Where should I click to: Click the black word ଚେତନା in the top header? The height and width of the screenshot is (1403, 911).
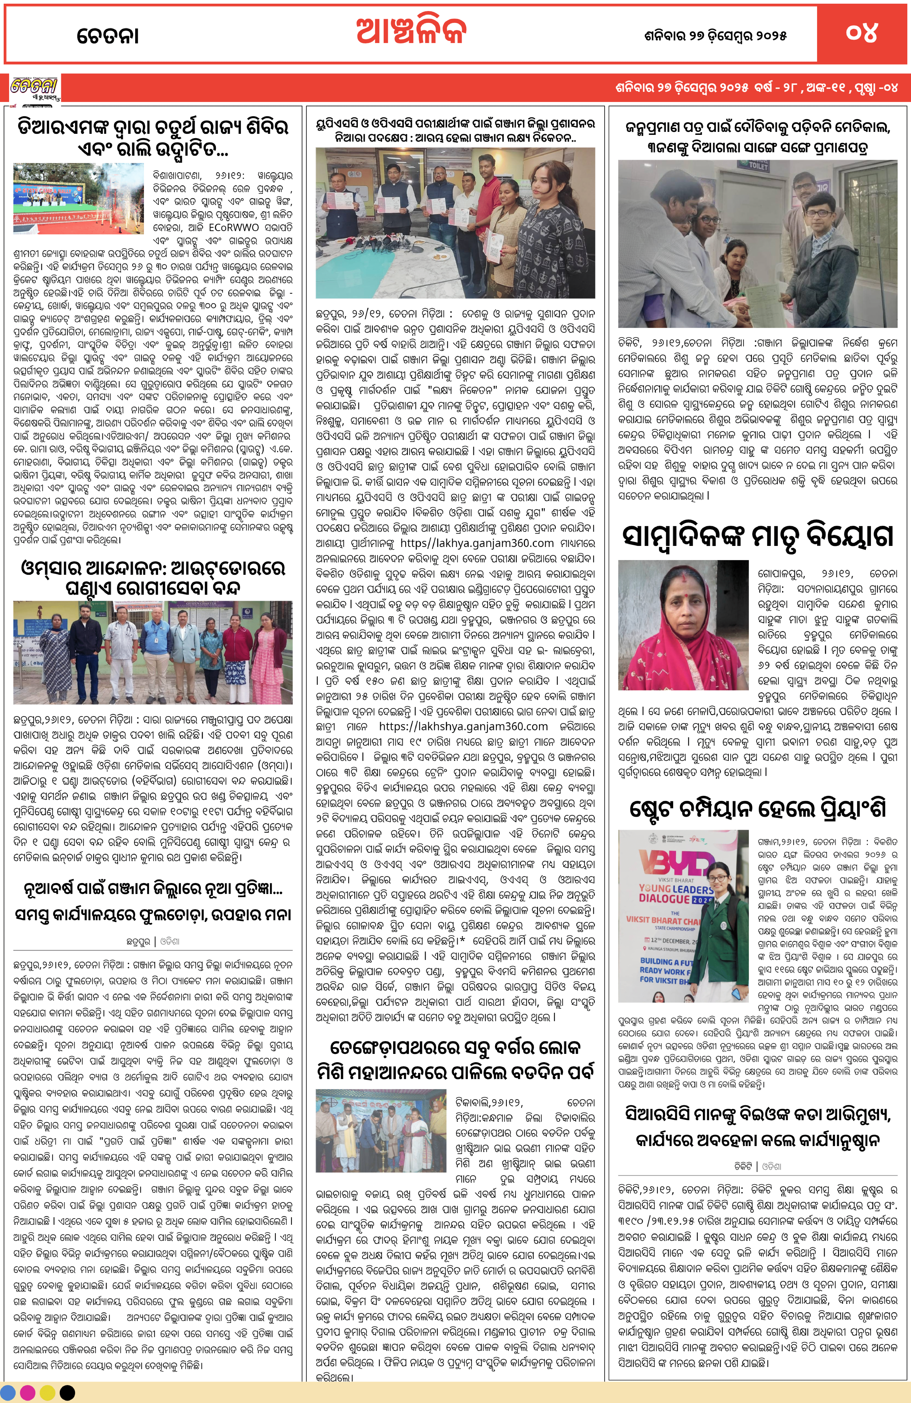pos(108,35)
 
